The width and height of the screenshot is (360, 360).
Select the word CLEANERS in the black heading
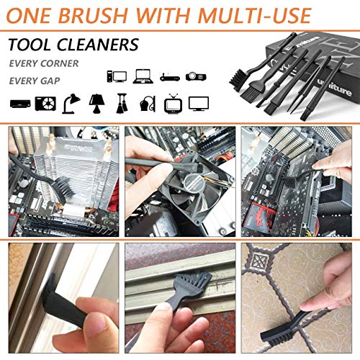[x=102, y=45]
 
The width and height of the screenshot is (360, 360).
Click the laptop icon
[x=143, y=75]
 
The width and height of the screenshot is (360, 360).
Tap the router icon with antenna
[x=168, y=75]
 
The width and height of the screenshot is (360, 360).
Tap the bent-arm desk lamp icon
[x=71, y=102]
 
